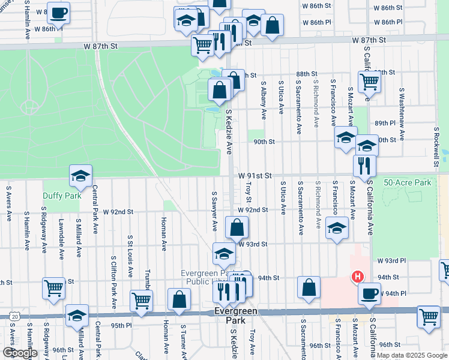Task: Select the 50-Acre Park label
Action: click(x=408, y=182)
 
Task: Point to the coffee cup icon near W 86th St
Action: click(x=58, y=12)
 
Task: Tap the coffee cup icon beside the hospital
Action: click(x=369, y=294)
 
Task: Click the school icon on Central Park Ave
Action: click(x=80, y=175)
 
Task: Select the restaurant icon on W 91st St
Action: click(x=364, y=166)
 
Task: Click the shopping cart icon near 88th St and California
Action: click(x=369, y=81)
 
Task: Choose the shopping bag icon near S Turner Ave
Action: click(x=179, y=299)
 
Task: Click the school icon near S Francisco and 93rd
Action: click(x=337, y=227)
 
